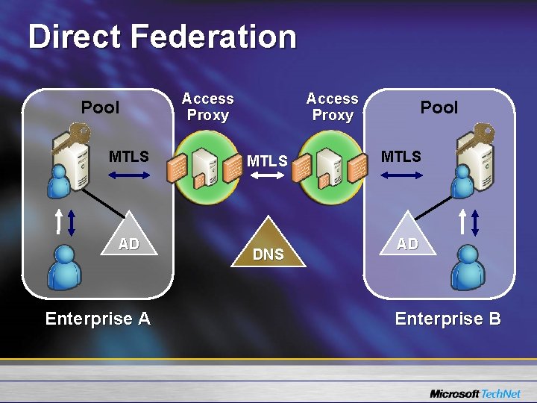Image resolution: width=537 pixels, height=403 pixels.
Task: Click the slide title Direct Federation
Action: coord(162,37)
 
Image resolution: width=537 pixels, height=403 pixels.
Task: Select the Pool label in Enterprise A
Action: coord(100,107)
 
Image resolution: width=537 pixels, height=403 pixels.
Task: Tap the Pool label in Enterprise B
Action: coord(439,107)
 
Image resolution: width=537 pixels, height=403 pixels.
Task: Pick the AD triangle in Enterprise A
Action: coord(128,237)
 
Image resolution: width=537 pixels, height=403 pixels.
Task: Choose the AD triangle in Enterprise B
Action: coord(406,237)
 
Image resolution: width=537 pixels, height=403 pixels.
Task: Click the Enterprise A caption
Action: coord(98,319)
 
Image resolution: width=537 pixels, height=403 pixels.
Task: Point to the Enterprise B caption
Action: coord(447,319)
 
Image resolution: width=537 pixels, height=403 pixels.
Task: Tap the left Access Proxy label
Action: coord(207,107)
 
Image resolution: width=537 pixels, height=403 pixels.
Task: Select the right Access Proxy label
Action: coord(332,107)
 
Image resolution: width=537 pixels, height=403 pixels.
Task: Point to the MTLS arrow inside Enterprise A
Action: coord(128,176)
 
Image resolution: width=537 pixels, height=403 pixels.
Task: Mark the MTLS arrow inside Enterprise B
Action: coord(401,176)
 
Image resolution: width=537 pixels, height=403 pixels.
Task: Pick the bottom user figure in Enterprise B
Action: coord(468,268)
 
